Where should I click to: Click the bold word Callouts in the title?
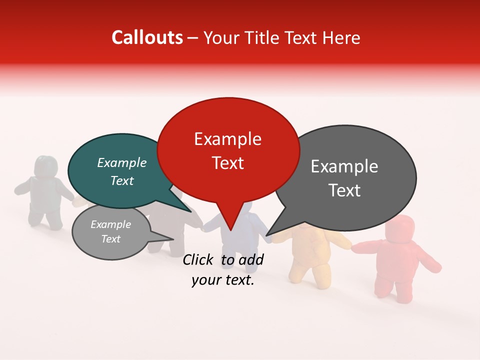click(147, 37)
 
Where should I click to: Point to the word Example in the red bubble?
click(227, 139)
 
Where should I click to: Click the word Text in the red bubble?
click(227, 163)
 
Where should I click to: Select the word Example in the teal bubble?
click(121, 162)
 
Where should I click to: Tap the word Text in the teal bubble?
click(121, 180)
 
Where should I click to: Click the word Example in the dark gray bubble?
click(344, 166)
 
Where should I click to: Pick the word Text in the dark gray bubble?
click(344, 190)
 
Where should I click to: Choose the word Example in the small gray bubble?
click(110, 224)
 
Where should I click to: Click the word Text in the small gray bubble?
click(110, 239)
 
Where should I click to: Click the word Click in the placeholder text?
click(199, 259)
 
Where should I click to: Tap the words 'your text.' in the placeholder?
click(223, 280)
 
